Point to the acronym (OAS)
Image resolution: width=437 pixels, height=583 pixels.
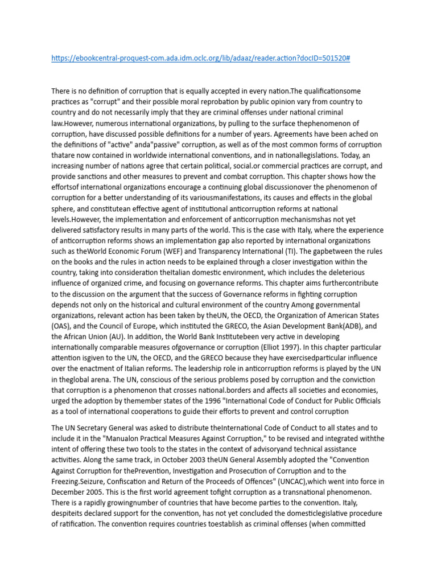coord(63,326)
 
